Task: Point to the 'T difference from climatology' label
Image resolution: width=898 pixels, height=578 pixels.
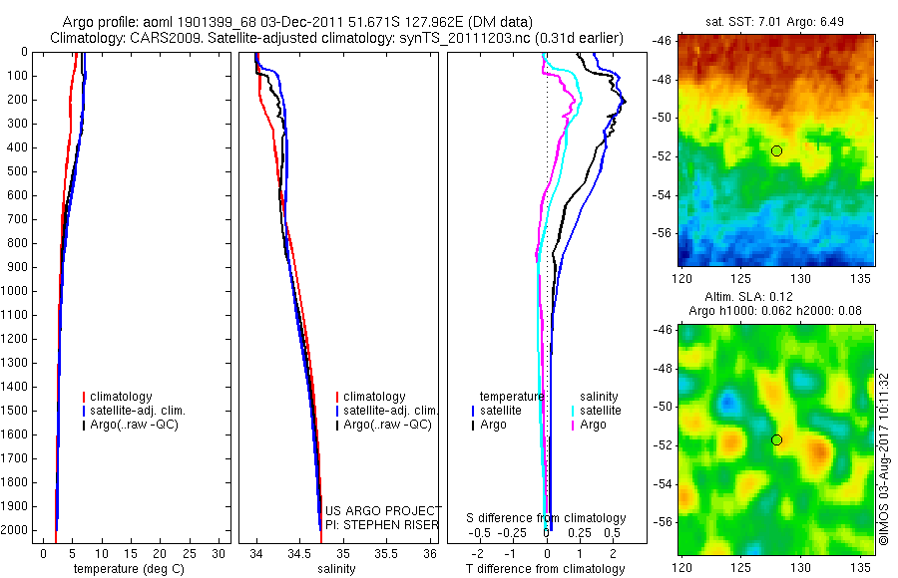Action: point(545,569)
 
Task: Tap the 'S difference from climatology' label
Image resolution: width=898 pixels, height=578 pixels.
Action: point(546,518)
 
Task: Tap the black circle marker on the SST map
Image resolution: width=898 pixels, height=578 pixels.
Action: point(776,150)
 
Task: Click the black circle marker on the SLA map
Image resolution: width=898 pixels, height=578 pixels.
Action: point(776,439)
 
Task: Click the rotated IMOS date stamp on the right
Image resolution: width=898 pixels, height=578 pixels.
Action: point(883,458)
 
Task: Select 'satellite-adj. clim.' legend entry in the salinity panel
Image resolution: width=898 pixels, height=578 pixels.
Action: point(390,411)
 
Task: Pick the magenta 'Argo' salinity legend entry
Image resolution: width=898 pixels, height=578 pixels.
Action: point(593,425)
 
